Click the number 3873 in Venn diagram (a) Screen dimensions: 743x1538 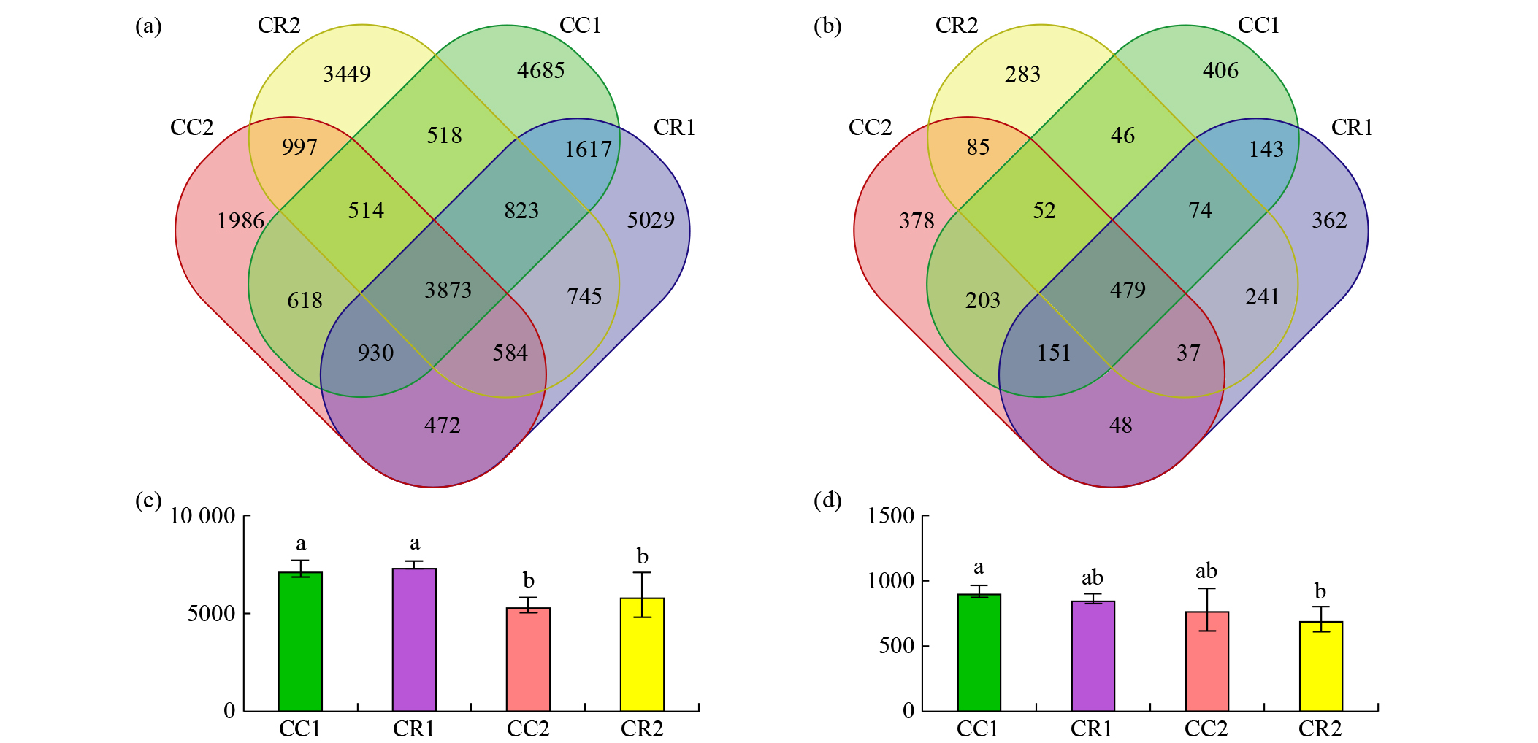448,290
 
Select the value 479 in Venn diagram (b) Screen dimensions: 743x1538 1128,290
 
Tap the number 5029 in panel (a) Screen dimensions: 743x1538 650,220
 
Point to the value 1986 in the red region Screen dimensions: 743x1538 240,220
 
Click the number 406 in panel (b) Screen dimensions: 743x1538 1220,70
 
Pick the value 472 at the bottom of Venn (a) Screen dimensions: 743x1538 442,425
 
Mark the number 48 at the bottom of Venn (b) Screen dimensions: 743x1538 1120,425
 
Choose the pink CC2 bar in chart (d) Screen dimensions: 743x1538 1206,661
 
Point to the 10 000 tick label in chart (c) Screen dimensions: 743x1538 202,516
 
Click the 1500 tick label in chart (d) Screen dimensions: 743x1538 890,516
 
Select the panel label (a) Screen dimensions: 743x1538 148,26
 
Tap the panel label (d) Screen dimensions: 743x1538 827,501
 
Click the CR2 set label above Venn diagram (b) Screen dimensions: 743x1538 956,26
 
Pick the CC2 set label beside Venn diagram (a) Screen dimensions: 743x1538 191,128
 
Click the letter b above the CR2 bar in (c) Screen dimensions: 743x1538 642,556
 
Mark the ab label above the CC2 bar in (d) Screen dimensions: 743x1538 1206,571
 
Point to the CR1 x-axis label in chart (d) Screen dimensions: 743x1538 1092,728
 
